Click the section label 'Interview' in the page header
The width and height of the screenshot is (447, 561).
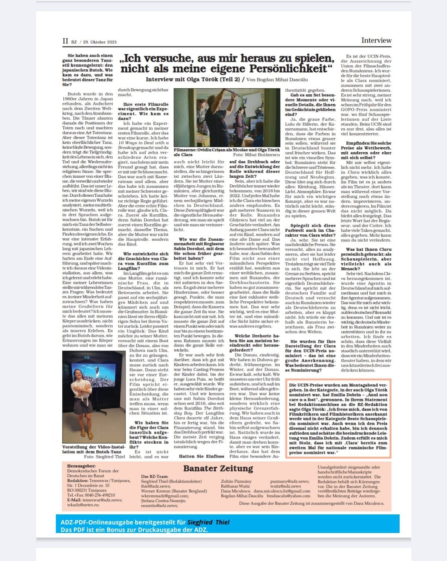click(376, 40)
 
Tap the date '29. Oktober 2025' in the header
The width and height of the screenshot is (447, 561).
click(100, 42)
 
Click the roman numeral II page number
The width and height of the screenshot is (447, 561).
click(65, 41)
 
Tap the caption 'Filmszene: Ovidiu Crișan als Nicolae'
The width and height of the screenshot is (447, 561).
click(212, 149)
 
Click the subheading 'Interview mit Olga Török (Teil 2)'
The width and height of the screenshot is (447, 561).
click(193, 79)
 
